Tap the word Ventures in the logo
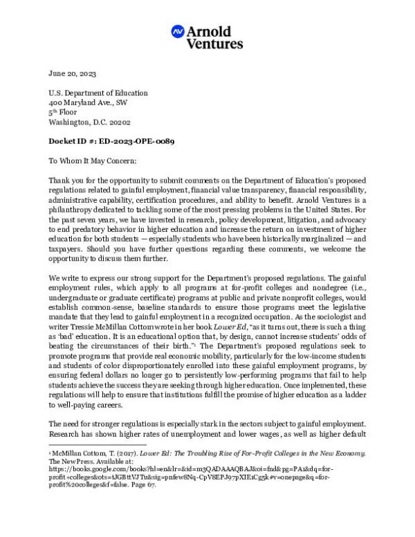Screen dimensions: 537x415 (x=214, y=44)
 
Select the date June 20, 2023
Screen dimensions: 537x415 (x=72, y=73)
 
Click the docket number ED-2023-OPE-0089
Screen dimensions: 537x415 (x=132, y=141)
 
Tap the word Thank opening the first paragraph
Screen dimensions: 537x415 (x=59, y=181)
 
